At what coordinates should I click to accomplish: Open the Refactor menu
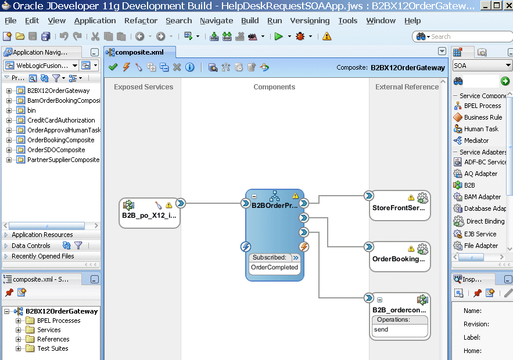click(x=141, y=20)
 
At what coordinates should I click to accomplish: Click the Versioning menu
click(x=310, y=20)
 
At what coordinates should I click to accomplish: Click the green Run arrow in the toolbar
click(x=279, y=37)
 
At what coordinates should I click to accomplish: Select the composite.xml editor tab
click(x=139, y=52)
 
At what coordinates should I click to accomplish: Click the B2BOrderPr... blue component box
click(x=275, y=235)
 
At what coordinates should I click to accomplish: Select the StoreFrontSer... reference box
click(x=400, y=206)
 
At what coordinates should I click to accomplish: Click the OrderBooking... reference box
click(x=400, y=257)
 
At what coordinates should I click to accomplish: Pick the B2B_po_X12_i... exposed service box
click(x=149, y=213)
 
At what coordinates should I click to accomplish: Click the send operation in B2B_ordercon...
click(x=381, y=330)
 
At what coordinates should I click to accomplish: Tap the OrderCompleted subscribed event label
click(x=274, y=267)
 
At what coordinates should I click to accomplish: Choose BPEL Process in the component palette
click(x=482, y=106)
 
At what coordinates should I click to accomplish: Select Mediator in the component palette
click(x=476, y=141)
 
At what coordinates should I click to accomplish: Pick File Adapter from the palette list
click(x=480, y=246)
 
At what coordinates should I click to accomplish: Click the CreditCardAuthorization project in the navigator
click(x=61, y=120)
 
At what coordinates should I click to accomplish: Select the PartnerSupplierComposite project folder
click(x=63, y=160)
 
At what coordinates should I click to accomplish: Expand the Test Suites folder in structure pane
click(x=19, y=348)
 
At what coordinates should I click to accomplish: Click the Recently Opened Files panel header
click(x=43, y=256)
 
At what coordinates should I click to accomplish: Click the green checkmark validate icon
click(x=113, y=67)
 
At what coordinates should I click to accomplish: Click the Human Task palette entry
click(x=481, y=129)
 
